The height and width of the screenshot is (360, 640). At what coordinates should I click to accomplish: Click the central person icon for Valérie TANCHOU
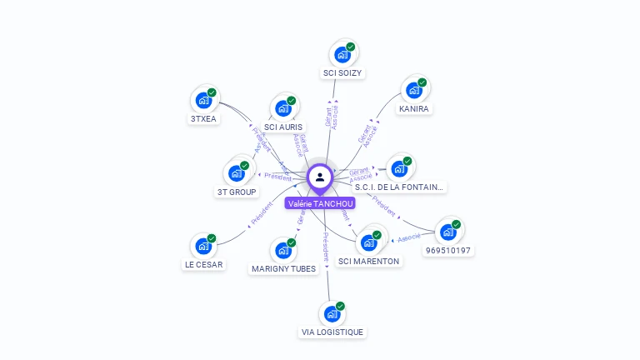click(320, 177)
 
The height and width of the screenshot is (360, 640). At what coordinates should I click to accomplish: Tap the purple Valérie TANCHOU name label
click(320, 203)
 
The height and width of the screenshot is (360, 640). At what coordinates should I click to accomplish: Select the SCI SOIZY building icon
click(342, 55)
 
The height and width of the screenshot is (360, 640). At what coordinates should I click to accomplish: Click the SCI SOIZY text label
click(342, 73)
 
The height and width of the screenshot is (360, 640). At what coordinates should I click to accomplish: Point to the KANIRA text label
click(414, 109)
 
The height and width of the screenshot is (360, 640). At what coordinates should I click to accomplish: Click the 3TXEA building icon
click(203, 100)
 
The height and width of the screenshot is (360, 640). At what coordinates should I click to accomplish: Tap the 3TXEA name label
click(203, 118)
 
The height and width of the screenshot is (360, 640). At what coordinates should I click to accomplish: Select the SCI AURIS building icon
click(283, 109)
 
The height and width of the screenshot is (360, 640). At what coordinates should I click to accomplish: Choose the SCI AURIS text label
click(283, 127)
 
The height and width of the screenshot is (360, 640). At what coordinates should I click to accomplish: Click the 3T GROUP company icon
click(236, 173)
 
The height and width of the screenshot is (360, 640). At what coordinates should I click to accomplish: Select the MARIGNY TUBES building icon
click(283, 250)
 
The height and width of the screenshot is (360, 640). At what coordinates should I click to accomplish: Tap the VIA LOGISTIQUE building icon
click(332, 313)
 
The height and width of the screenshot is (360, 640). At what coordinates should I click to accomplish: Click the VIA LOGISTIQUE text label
click(332, 332)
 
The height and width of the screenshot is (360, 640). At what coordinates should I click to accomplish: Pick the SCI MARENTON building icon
click(368, 242)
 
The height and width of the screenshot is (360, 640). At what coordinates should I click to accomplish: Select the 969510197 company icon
click(447, 232)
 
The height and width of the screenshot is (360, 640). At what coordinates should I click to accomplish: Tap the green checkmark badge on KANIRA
click(422, 82)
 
